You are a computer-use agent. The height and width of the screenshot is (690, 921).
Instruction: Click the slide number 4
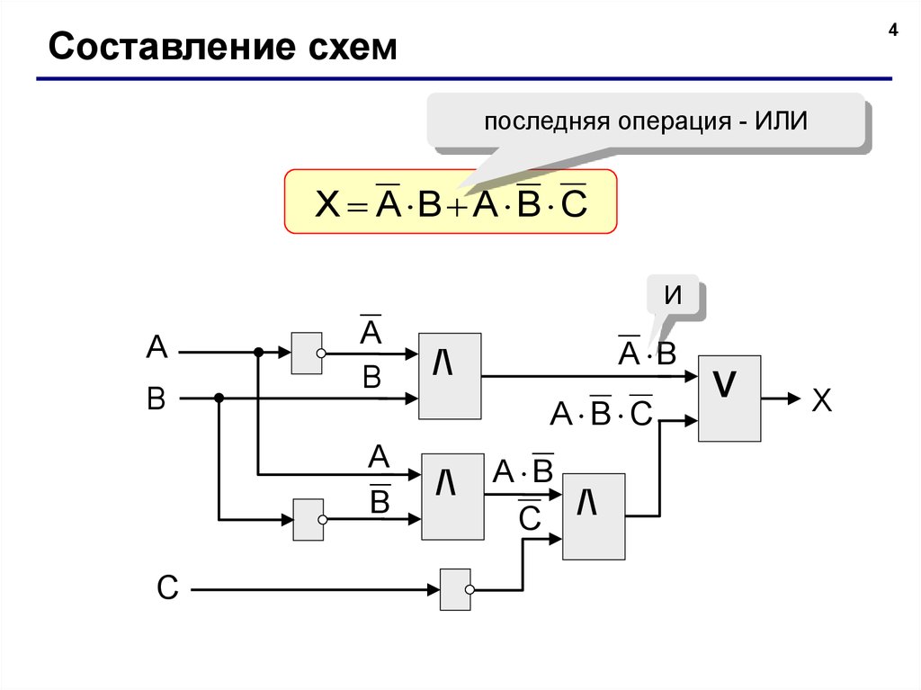pos(893,30)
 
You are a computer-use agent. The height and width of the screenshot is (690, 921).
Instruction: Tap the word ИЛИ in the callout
pos(781,121)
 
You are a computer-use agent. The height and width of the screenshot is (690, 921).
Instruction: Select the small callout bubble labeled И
pos(674,294)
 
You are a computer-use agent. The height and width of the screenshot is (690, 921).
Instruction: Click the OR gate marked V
pos(729,399)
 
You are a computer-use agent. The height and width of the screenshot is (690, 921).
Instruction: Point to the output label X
pos(822,400)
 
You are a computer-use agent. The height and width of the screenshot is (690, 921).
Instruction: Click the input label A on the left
pos(156,346)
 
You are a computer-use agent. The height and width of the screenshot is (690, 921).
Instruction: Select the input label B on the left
pos(156,399)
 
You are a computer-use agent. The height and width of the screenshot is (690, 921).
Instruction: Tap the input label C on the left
pos(167,587)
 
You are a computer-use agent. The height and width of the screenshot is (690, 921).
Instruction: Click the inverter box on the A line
pos(307,354)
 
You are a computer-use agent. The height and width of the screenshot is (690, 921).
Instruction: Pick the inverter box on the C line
pos(455,589)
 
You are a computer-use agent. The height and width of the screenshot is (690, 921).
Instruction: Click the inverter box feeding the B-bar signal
pos(308,520)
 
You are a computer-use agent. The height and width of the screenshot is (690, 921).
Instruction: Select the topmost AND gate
pos(450,376)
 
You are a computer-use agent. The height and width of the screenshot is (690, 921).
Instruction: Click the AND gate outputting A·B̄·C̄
pos(594,516)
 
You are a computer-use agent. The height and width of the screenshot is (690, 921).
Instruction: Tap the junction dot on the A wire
pos(258,352)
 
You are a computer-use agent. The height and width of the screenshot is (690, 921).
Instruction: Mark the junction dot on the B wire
pos(219,399)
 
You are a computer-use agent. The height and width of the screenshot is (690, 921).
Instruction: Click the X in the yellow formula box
pos(327,204)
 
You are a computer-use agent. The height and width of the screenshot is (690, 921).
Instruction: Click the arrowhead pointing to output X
pos(794,399)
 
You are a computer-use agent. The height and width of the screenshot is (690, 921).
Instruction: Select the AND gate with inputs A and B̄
pos(453,497)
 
